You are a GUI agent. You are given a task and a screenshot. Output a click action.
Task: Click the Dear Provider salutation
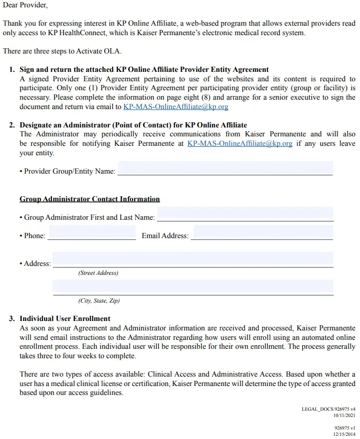[25, 6]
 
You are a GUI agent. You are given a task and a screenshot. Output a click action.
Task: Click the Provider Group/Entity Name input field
[225, 168]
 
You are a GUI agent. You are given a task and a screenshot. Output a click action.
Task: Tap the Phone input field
[92, 232]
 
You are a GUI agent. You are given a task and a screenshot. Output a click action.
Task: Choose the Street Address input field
[192, 259]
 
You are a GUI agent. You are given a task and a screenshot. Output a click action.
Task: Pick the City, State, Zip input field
[192, 287]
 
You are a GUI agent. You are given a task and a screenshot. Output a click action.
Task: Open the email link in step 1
[176, 106]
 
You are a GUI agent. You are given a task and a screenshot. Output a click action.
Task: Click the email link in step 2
[239, 143]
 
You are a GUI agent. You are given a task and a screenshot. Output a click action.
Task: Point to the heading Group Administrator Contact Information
[90, 199]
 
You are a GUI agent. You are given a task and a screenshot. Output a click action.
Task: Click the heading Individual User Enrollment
[65, 318]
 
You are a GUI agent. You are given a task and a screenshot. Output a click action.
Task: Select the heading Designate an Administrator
[133, 125]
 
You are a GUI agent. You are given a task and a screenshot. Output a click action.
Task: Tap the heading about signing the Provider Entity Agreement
[144, 69]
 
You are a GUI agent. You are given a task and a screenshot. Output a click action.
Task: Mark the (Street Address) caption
[98, 273]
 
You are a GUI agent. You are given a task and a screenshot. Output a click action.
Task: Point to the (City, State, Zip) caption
[99, 301]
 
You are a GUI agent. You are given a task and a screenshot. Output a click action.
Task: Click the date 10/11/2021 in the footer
[344, 415]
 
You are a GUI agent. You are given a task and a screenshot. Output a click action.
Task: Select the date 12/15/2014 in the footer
[344, 434]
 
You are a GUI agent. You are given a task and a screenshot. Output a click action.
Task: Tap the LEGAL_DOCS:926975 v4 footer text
[329, 409]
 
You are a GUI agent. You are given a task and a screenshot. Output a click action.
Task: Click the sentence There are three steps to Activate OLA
[62, 51]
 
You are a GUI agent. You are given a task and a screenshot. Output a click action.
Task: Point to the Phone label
[35, 235]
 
